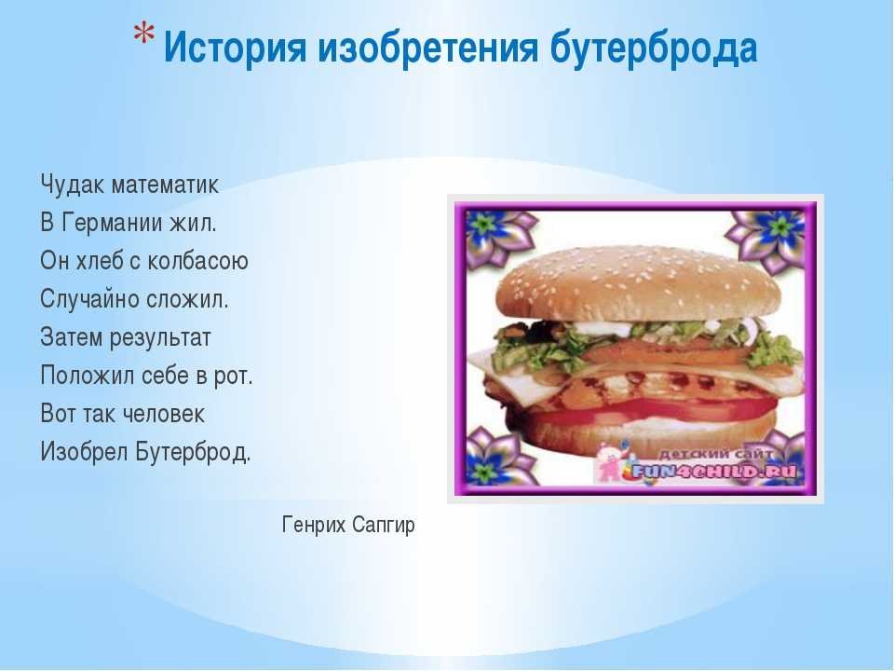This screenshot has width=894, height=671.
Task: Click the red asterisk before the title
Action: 145,34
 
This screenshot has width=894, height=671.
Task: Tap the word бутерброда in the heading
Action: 654,47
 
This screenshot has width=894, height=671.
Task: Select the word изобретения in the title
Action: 428,47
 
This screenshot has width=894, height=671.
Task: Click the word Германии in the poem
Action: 111,223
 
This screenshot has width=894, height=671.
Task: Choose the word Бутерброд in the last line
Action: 194,453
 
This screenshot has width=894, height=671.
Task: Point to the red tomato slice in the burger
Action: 650,411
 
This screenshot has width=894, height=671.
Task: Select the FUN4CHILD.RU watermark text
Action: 714,472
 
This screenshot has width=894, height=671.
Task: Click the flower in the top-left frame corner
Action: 494,236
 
